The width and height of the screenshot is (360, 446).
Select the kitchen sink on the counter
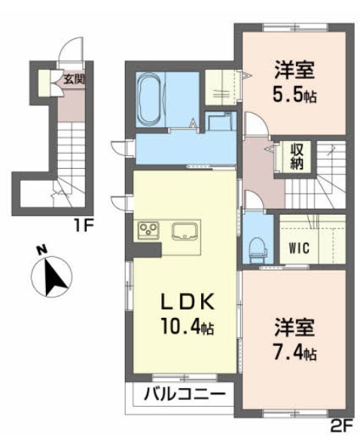point(184,230)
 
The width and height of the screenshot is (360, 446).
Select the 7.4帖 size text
point(295,352)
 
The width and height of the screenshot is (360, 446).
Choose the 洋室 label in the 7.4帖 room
point(294,328)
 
